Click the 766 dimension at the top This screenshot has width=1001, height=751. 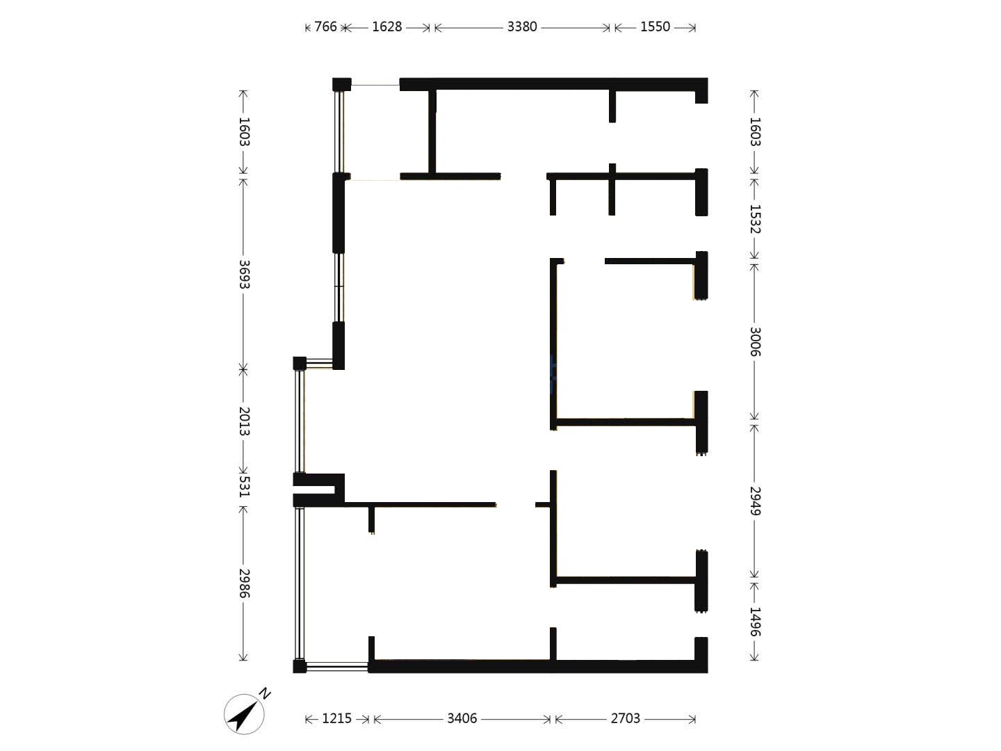click(x=325, y=27)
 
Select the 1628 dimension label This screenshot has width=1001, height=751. click(x=386, y=27)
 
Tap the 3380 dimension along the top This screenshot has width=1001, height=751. click(x=522, y=27)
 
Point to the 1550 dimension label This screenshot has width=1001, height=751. click(x=655, y=27)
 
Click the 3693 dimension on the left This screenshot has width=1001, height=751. click(x=245, y=274)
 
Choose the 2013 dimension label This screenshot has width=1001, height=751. click(x=245, y=421)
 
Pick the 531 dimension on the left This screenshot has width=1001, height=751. click(x=245, y=486)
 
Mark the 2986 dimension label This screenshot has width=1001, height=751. click(x=245, y=583)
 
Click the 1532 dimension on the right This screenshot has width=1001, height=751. click(x=755, y=219)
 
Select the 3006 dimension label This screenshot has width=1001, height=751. click(x=755, y=341)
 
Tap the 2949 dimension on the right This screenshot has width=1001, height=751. click(x=755, y=501)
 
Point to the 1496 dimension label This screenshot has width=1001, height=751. click(x=755, y=622)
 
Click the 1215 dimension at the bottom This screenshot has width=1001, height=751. click(x=336, y=718)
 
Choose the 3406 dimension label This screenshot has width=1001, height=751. click(x=462, y=718)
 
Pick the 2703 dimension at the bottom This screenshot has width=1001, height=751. click(x=625, y=718)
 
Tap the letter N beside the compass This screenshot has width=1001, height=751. click(x=265, y=693)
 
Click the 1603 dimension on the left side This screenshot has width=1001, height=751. click(x=245, y=132)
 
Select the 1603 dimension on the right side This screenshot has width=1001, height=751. click(x=755, y=132)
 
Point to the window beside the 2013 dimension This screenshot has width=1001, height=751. click(x=300, y=421)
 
